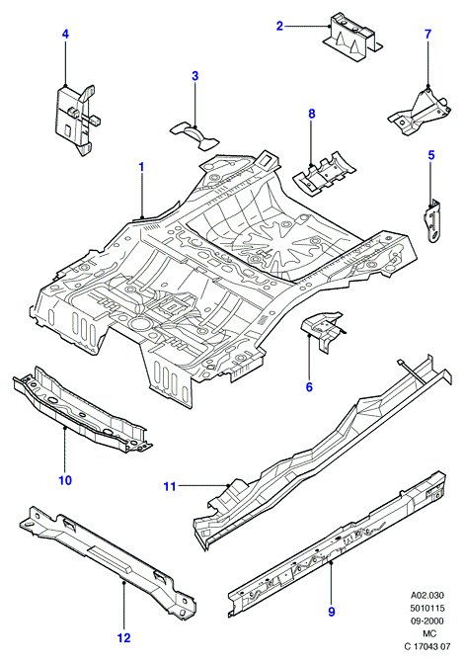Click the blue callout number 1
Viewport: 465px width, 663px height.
point(141,167)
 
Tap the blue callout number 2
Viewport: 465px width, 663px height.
point(279,26)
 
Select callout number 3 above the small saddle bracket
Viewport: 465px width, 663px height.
point(194,76)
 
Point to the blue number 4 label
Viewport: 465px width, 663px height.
point(65,35)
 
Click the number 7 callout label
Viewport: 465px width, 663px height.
point(427,35)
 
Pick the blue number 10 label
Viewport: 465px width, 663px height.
point(65,480)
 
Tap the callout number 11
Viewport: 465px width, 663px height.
point(170,487)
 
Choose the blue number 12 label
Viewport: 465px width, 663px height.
point(124,637)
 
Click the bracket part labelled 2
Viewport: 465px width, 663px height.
point(351,39)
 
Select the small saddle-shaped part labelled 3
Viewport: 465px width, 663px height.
point(195,135)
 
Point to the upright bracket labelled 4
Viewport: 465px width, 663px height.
point(75,120)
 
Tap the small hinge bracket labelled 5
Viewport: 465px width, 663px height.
point(432,220)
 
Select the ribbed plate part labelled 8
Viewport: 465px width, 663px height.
point(324,174)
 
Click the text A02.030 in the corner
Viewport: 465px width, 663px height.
point(427,596)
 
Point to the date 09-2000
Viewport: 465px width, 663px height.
point(427,621)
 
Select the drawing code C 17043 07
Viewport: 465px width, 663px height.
point(427,646)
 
